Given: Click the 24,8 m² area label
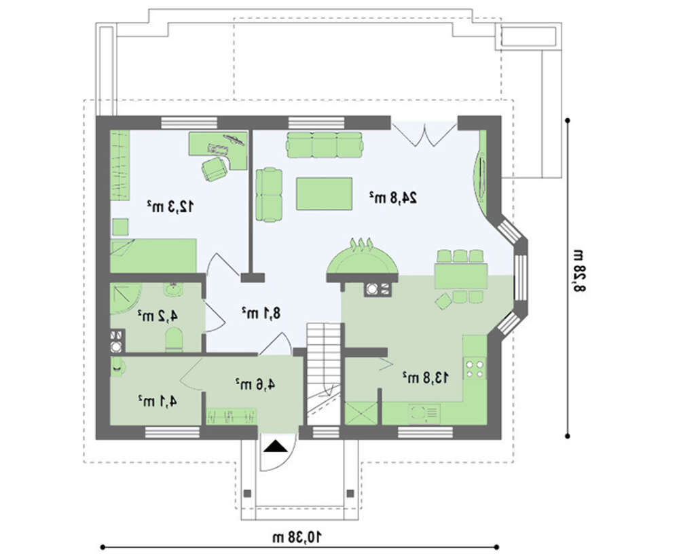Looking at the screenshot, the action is point(393,198).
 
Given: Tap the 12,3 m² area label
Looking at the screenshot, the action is point(170,206).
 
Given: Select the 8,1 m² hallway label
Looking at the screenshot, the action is point(261,312).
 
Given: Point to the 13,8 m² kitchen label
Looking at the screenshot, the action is point(426,377).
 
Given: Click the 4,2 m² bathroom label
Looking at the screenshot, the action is point(158,316).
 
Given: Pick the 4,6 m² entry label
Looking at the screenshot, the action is point(255,384).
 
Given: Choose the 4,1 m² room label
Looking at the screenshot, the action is point(158,402).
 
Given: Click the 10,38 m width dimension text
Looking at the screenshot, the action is point(297,537).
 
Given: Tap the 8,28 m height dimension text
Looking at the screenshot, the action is point(579,271).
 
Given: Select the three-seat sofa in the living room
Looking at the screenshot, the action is point(324,145).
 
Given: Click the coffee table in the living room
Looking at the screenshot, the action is point(324,193).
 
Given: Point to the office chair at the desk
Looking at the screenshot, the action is point(215,168).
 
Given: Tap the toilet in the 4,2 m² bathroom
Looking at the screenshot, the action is point(174,339).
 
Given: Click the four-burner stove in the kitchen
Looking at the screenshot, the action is point(475,369).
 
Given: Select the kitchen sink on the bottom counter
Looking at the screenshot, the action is point(424,414).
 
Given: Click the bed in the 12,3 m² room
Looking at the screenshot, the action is point(153,255).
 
